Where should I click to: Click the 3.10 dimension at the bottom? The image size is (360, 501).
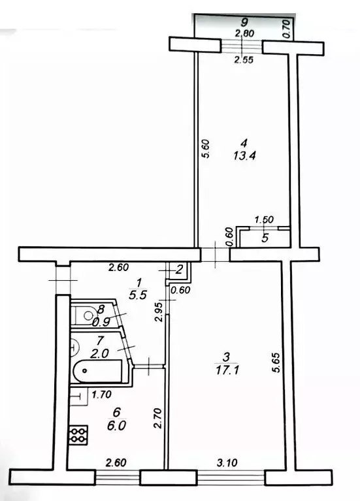[x=227, y=462]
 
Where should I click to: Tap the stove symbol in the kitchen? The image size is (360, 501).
[x=78, y=434]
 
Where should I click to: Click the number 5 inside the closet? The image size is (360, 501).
[x=265, y=238]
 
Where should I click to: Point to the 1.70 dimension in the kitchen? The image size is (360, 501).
[x=101, y=394]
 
